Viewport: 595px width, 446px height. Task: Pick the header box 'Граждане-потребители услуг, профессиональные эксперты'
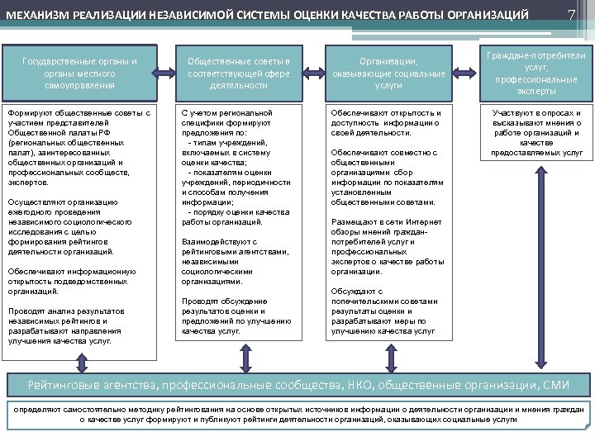[x=538, y=73]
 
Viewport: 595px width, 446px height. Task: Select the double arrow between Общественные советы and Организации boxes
[x=314, y=73]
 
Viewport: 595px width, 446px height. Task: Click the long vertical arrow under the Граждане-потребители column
[x=540, y=273]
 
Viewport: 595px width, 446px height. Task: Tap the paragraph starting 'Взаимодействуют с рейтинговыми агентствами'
[x=236, y=262]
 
